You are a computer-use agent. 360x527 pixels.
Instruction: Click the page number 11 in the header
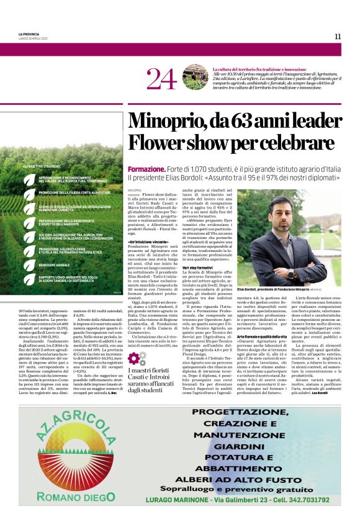[337, 36]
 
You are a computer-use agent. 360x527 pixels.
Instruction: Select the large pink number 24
[162, 78]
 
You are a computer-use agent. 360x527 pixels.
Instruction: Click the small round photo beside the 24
[195, 77]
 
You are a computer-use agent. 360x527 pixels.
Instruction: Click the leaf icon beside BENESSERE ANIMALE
[30, 263]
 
